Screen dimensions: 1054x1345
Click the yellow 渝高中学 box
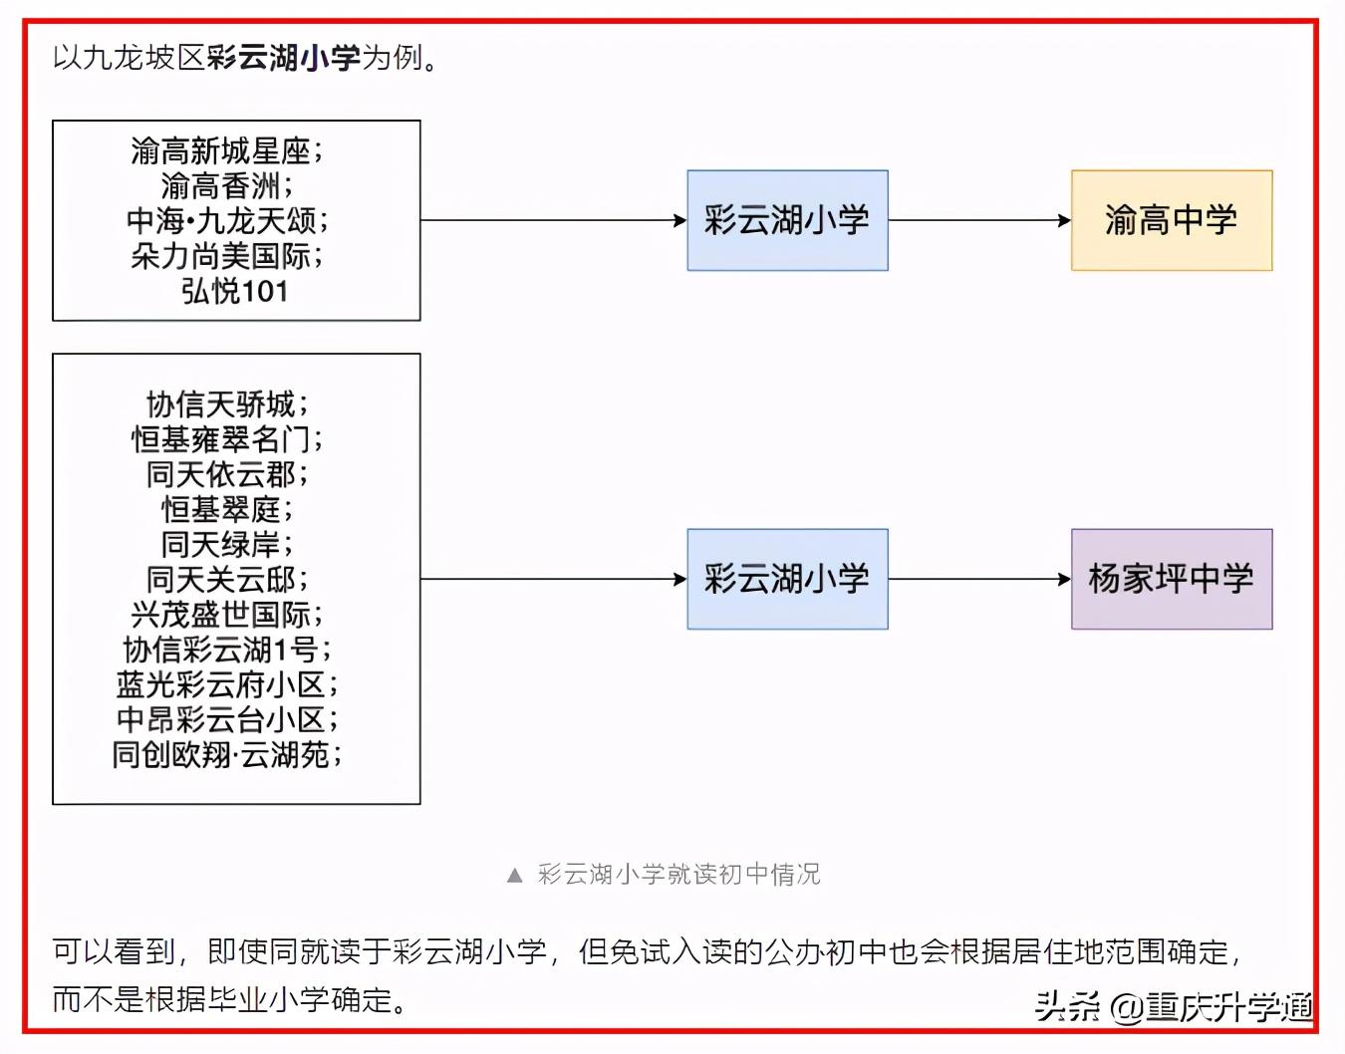[x=1171, y=220]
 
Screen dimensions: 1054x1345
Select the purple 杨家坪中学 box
[x=1171, y=579]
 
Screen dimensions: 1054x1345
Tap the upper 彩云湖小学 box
[x=787, y=220]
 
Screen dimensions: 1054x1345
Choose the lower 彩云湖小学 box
[x=787, y=579]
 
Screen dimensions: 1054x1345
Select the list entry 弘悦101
[x=235, y=292]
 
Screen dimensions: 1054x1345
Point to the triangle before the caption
[x=514, y=876]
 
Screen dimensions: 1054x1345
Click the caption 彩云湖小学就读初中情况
[x=679, y=875]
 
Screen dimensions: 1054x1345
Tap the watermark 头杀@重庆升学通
[x=1174, y=1007]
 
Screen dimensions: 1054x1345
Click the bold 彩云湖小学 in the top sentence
[x=284, y=58]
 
